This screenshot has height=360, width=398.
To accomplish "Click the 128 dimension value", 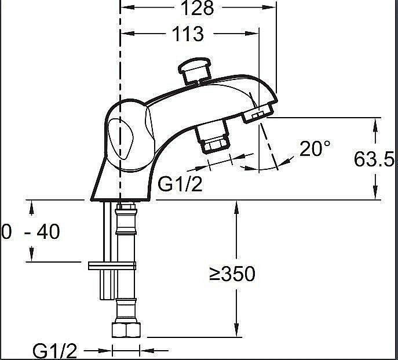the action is pos(198,8).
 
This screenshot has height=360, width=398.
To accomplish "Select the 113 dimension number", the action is pos(188,34).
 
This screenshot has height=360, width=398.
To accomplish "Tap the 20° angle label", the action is pos(315,148).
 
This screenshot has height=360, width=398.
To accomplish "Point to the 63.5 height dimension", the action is pos(374,159).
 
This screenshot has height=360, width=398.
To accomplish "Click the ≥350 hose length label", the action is pos(232,274).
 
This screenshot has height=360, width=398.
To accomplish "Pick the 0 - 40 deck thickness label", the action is pos(31,231).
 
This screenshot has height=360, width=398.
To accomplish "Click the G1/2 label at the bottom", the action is pos(54,351).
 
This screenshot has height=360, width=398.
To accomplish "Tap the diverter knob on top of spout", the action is pos(195,71).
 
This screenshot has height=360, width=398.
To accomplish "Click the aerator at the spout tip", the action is pos(258,113).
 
